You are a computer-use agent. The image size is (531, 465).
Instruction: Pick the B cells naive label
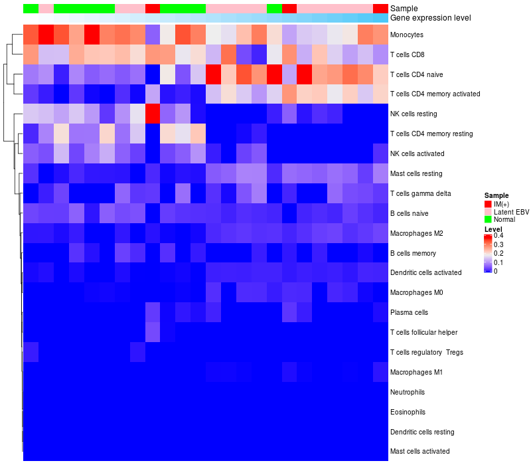coord(410,214)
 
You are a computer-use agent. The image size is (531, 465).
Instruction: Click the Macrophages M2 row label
coord(416,234)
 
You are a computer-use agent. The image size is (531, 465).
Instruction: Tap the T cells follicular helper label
coord(424,332)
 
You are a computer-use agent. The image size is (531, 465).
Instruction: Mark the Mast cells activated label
coord(419,452)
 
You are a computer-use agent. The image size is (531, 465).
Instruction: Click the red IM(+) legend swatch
coord(488,203)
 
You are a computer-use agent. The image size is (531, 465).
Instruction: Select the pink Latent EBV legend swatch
coord(488,211)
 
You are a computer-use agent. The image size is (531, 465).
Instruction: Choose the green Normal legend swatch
coord(488,219)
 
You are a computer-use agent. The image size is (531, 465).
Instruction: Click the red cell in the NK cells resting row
coord(153,114)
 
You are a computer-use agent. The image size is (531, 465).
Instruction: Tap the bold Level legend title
coord(493,229)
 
